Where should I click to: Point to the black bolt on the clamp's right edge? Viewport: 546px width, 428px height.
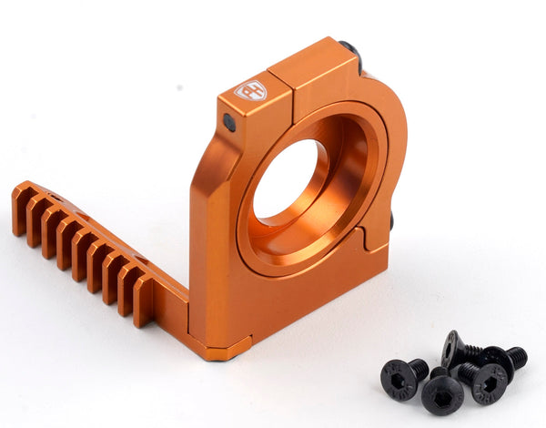click(391, 220)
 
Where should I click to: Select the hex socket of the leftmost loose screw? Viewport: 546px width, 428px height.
click(398, 376)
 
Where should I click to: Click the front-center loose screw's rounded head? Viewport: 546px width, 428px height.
click(442, 393)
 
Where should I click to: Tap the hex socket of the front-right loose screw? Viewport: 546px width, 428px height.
click(489, 383)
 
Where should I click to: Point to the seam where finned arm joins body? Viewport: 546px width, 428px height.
click(187, 310)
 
